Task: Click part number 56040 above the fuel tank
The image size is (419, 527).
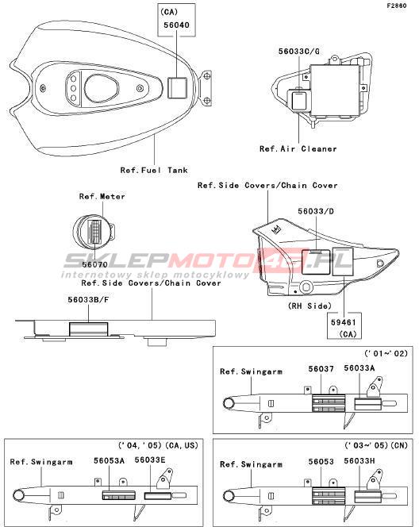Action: (176, 25)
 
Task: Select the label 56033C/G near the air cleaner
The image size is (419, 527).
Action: (298, 52)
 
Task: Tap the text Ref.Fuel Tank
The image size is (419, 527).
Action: (154, 170)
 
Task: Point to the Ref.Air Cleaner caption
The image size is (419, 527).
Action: (298, 148)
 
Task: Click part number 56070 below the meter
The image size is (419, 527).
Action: (94, 264)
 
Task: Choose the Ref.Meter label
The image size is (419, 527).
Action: (102, 196)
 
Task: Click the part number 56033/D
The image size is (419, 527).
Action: (316, 211)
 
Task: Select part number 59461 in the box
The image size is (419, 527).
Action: (344, 322)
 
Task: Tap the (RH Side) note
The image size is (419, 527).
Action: (309, 306)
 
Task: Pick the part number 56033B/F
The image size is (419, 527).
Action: (88, 299)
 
